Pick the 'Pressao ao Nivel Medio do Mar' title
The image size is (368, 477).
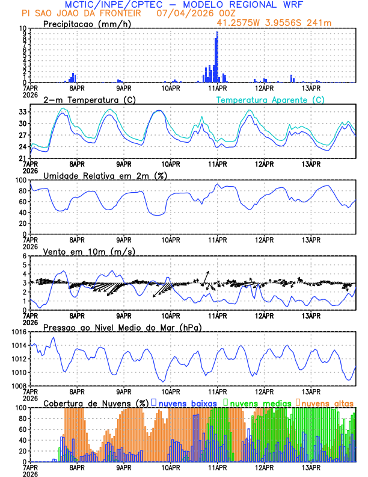pyautogui.click(x=122, y=327)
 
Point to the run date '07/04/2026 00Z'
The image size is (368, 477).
pyautogui.click(x=195, y=13)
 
